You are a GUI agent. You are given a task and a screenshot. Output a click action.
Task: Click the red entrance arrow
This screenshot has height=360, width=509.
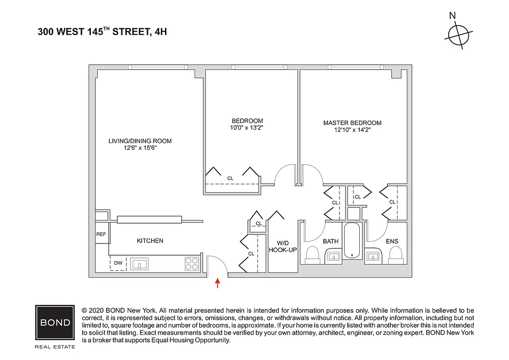(218, 283)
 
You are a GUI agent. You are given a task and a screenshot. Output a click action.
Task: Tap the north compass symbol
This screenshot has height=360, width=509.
(458, 34)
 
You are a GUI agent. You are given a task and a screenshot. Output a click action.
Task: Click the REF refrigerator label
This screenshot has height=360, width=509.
(101, 234)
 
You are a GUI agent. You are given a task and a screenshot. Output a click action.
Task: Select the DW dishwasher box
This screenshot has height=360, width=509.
(118, 263)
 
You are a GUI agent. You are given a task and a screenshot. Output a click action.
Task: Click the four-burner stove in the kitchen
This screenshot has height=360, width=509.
(192, 263)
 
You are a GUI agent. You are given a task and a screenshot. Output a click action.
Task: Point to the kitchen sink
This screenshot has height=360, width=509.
(140, 263)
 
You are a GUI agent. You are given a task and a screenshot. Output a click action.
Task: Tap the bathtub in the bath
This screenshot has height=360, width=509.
(352, 241)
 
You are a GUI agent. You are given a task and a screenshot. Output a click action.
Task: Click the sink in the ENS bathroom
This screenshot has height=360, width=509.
(373, 256)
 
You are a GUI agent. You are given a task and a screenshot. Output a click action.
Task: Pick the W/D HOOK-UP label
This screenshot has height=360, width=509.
(282, 246)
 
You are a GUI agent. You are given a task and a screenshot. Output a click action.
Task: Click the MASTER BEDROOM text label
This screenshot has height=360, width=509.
(352, 123)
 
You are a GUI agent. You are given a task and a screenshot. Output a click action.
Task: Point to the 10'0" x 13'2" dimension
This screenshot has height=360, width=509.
(247, 127)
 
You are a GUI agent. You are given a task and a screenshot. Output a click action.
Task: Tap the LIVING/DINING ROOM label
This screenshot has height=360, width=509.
(140, 141)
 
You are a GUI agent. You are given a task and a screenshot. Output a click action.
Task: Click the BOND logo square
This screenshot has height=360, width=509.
(55, 322)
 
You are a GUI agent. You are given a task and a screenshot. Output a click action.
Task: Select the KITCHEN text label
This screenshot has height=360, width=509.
(150, 241)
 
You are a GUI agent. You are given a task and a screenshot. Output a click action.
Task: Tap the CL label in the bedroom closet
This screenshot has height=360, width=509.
(230, 179)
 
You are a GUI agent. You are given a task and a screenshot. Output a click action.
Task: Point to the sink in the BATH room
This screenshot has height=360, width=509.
(333, 256)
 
